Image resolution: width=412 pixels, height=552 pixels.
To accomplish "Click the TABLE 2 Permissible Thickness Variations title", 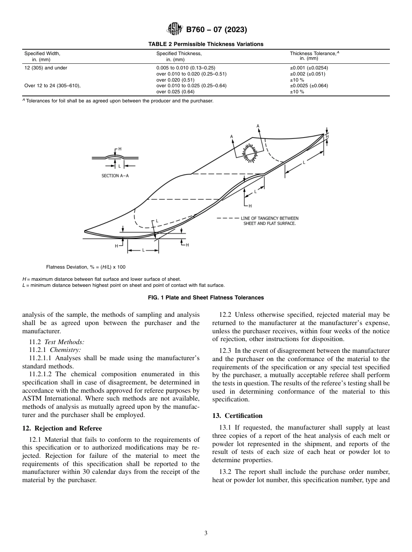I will (206, 44).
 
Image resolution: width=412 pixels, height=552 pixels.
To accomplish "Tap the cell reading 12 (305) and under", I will (46, 68).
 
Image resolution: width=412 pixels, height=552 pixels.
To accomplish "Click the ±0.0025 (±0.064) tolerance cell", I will (309, 85).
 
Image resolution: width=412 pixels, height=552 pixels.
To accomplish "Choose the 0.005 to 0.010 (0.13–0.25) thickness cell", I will (186, 68).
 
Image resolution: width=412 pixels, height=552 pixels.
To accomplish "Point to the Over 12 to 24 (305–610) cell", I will (52, 85).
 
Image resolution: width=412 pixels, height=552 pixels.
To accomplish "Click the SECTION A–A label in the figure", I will (115, 176).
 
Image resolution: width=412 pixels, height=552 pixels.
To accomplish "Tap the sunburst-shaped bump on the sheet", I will (249, 152).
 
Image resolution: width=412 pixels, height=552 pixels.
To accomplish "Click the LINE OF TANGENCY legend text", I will (269, 220).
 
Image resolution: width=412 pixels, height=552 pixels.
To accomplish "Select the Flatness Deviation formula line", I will (85, 267).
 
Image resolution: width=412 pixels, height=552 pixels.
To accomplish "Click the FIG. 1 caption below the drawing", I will (206, 298).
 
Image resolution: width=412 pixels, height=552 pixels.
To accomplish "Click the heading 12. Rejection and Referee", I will (62, 428).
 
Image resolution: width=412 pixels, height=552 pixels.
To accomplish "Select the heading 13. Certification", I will (237, 416).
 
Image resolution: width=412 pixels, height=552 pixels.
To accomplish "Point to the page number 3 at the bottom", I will (206, 533).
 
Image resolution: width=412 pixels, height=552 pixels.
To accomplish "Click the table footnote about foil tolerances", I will (118, 101).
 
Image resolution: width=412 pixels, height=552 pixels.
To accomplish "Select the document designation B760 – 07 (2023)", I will (216, 30).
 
